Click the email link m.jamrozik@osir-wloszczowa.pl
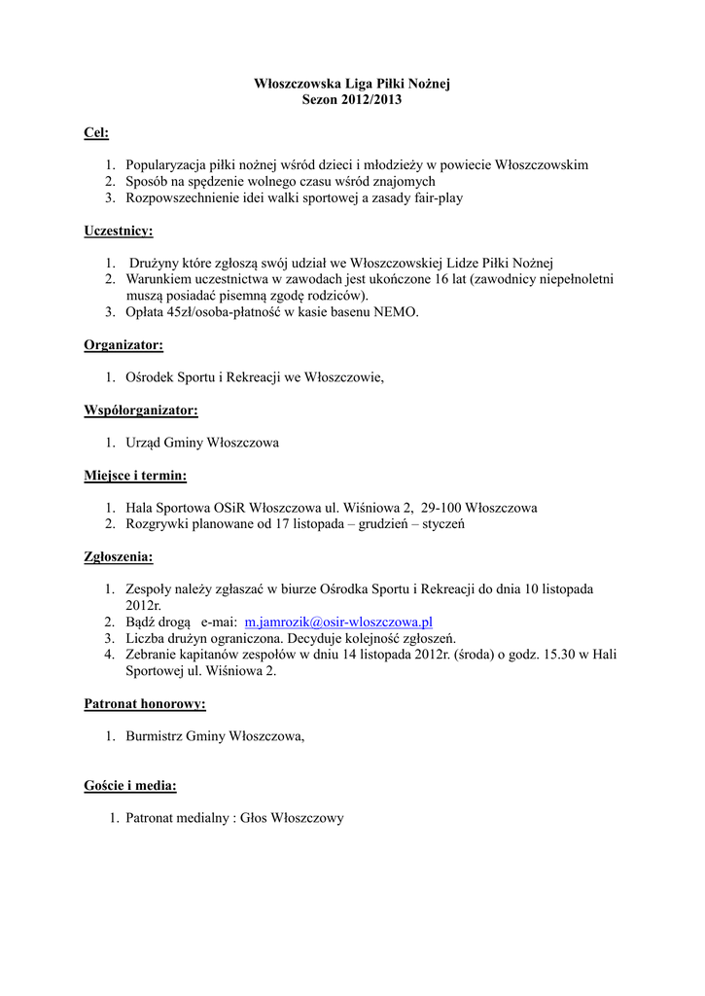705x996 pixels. coord(338,621)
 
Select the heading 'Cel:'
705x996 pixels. coord(96,132)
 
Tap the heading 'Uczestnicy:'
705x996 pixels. coord(119,231)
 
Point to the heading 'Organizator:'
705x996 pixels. coord(123,344)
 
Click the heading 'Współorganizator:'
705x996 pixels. coord(141,410)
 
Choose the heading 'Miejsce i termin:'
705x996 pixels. coord(135,476)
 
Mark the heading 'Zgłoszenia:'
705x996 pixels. coord(119,557)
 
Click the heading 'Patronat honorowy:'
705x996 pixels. coord(144,703)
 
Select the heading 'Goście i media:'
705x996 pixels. coord(130,785)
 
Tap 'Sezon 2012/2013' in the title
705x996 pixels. coord(352,100)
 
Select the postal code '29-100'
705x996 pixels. coord(442,508)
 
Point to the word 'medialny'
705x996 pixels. coord(209,818)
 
